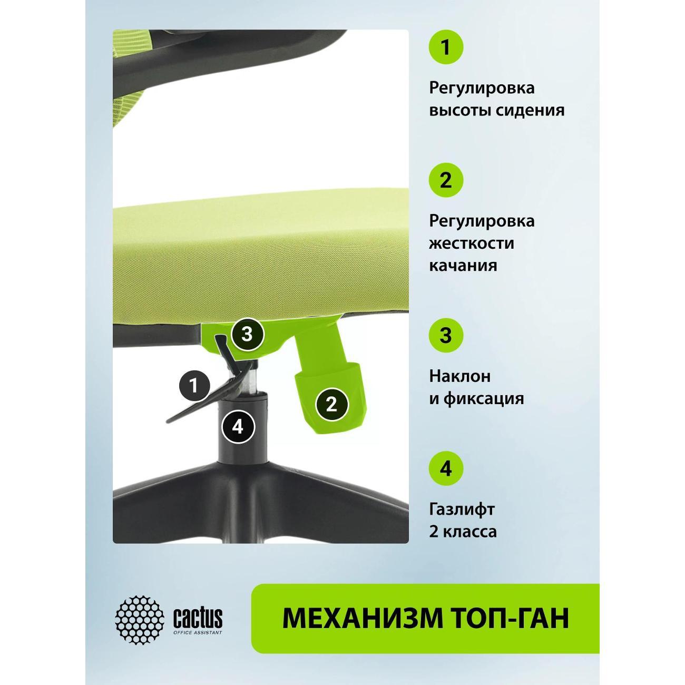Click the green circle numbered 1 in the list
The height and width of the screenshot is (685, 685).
tap(446, 46)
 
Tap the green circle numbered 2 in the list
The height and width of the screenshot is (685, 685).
tap(446, 180)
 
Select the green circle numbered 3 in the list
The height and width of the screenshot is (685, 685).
tap(446, 335)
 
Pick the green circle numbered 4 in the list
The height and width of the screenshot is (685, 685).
tap(446, 468)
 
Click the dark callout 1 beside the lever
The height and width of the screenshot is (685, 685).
tap(194, 385)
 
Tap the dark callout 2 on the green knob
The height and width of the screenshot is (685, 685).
tap(331, 404)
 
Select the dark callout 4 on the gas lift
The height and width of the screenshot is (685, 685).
tap(238, 426)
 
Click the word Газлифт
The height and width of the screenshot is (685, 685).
tap(462, 510)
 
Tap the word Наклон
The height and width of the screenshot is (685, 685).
tap(460, 376)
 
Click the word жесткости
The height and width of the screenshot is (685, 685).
tap(472, 243)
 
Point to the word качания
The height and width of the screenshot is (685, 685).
tap(463, 266)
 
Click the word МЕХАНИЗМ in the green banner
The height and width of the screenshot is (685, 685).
tap(363, 619)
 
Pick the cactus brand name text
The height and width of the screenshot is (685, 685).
tap(198, 617)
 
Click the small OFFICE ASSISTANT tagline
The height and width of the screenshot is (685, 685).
tap(198, 632)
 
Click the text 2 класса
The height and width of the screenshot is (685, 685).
tap(463, 532)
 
